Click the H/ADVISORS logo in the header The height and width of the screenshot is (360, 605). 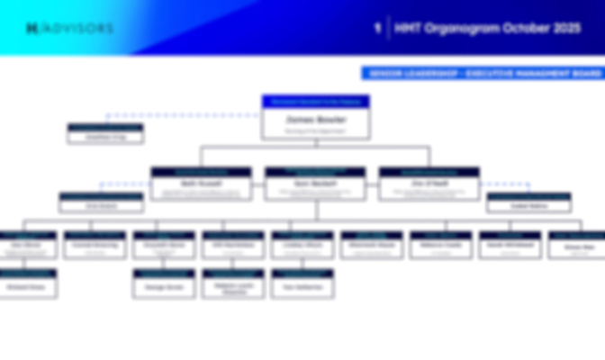(x=69, y=29)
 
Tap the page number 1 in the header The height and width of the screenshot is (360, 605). (x=376, y=29)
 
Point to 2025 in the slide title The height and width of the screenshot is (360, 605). (x=564, y=29)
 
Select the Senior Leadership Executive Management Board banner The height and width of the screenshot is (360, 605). (x=482, y=73)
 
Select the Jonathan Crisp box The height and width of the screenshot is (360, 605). (x=105, y=135)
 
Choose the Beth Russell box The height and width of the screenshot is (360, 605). (x=201, y=184)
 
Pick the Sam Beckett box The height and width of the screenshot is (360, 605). (x=315, y=184)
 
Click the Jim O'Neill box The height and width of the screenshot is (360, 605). (x=429, y=184)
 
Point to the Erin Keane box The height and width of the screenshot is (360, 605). (x=101, y=204)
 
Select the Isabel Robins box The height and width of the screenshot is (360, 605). (x=528, y=204)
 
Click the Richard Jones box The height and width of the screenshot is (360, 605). (x=28, y=285)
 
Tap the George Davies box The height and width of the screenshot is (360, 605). (x=164, y=285)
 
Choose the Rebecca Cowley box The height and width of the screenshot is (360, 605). (x=440, y=246)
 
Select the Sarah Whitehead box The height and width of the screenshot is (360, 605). (x=510, y=246)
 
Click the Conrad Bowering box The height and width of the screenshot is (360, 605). (x=95, y=246)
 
